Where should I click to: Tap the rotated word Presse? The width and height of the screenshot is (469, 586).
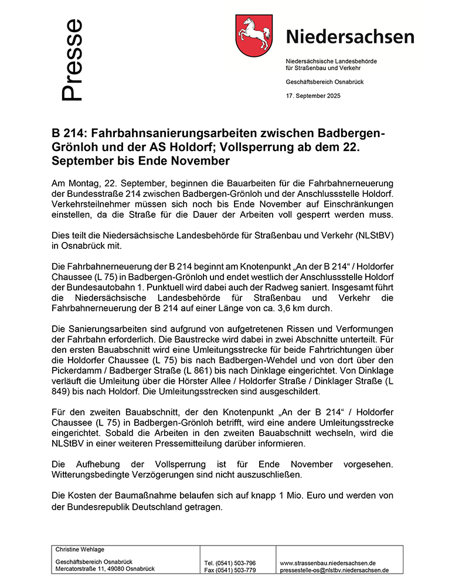72,60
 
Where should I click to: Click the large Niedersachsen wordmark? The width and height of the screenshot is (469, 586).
350,36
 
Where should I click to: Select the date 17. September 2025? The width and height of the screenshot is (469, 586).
312,96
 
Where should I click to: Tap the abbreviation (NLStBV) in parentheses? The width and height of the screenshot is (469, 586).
374,235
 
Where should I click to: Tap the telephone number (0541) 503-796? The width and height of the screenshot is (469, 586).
237,563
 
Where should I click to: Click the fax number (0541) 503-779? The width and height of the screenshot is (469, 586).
237,570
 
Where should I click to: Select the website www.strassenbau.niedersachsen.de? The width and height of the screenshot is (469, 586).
328,563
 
